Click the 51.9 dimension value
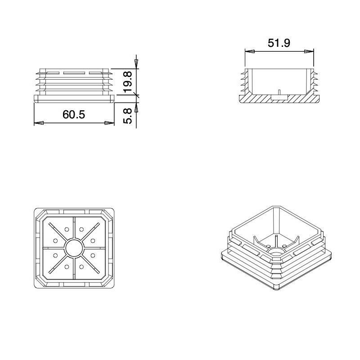pos(279,43)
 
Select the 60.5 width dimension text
pos(74,115)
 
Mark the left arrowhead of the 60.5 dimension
pos(39,122)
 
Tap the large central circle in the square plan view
pos(74,248)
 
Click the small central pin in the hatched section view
pos(279,92)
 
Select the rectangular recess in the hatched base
pos(279,97)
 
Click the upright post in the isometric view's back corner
pos(274,238)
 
